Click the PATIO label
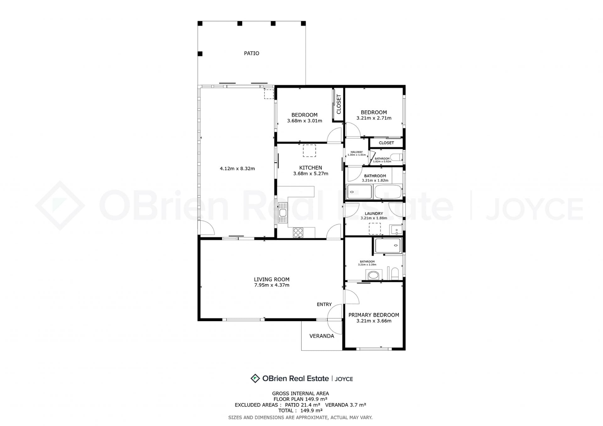(252, 53)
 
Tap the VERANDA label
(322, 336)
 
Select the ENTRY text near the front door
(324, 304)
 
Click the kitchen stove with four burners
(298, 233)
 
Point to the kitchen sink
(283, 213)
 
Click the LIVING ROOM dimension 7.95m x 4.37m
(272, 285)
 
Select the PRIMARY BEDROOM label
(374, 315)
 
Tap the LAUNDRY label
(374, 213)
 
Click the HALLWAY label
(356, 152)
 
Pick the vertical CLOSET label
(339, 104)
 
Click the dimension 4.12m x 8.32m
(237, 169)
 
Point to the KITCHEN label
(311, 168)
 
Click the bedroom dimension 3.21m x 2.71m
(374, 118)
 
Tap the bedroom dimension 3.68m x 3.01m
(304, 121)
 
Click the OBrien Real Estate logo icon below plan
(255, 378)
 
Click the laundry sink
(396, 230)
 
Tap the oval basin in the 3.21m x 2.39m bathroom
(373, 275)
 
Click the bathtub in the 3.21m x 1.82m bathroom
(388, 192)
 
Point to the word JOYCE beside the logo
(344, 379)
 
